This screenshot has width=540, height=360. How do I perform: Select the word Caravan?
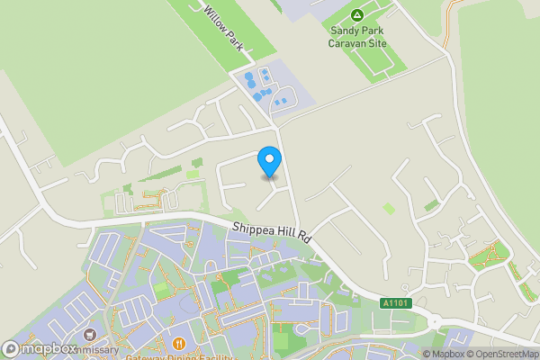point(346,42)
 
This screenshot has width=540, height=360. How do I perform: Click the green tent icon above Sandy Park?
point(357,14)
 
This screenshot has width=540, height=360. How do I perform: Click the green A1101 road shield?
point(396,304)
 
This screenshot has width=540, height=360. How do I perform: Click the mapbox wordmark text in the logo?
point(50,348)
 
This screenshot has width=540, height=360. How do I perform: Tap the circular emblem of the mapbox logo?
point(12,348)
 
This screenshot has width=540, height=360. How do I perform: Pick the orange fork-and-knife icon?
point(179,343)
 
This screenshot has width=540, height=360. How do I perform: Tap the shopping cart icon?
point(89,335)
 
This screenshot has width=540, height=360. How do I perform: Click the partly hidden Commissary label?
point(99,349)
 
